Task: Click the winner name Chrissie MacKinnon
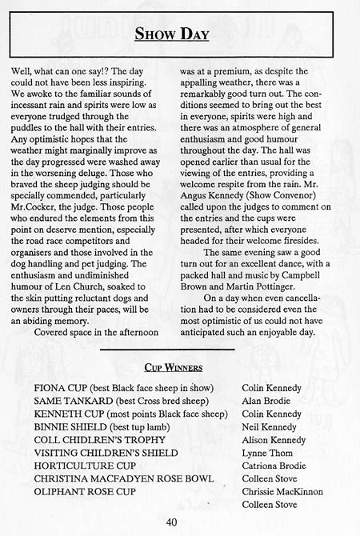(282, 491)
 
